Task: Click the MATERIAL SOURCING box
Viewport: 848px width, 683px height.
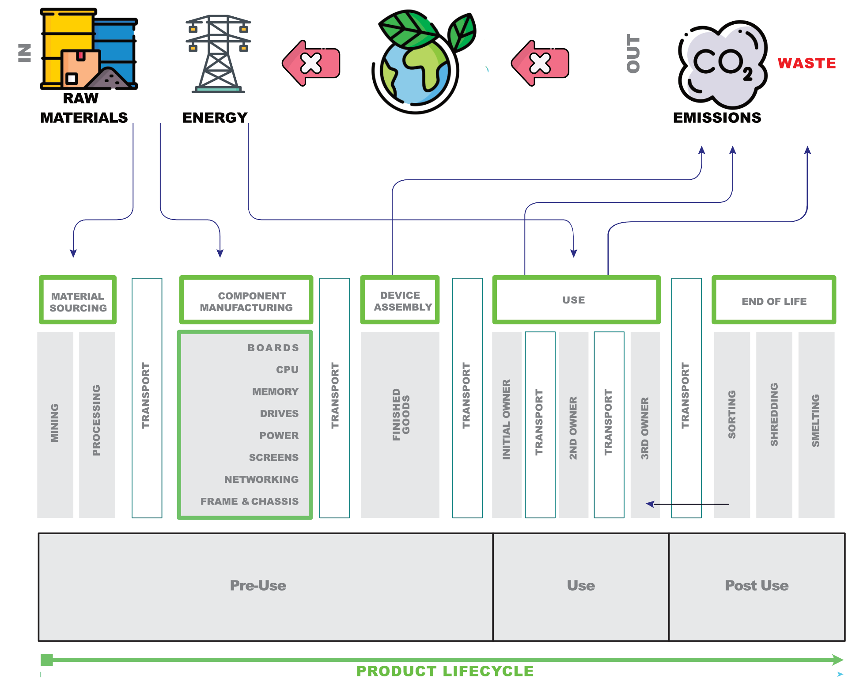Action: coord(78,301)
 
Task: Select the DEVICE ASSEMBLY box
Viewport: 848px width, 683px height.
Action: coord(400,301)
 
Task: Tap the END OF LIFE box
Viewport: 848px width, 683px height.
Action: coord(774,301)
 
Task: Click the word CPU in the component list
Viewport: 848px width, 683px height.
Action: coord(287,369)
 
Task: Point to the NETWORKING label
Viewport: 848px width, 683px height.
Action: coord(261,479)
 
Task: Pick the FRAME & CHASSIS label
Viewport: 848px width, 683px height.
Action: coord(249,501)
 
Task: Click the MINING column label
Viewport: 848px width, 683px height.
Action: coord(55,423)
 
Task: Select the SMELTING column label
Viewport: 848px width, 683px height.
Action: coord(816,421)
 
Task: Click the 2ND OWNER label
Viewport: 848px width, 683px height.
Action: coord(573,428)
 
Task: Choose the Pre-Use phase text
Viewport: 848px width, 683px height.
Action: coord(258,585)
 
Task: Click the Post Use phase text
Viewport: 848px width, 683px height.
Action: coord(757,585)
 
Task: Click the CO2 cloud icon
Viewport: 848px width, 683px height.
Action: coord(723,64)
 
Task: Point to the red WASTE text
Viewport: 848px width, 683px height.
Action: coord(806,63)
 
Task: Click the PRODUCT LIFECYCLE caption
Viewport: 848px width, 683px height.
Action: coord(445,671)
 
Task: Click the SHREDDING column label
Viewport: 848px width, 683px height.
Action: coord(774,414)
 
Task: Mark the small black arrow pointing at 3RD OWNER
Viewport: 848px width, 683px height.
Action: coord(650,504)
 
